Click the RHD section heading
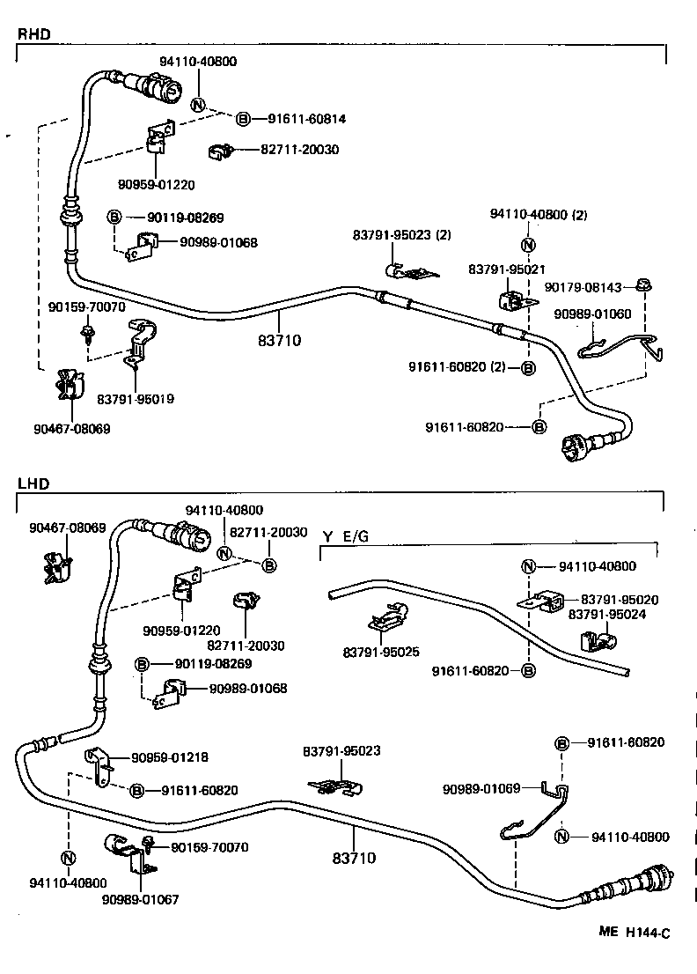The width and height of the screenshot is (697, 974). coord(33,34)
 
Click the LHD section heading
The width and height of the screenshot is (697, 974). coord(33,483)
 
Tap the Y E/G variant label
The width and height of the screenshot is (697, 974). coord(346,536)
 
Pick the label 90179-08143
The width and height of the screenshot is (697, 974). coord(583,287)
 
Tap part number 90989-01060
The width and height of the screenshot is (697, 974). coord(592,314)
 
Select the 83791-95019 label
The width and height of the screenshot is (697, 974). coord(136,399)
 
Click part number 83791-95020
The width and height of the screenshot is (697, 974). coord(620,600)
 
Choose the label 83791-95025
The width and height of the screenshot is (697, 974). coord(381,653)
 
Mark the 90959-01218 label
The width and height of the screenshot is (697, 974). coord(170,757)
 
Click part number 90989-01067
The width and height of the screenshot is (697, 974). coord(140,899)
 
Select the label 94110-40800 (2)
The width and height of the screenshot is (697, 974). coord(532,214)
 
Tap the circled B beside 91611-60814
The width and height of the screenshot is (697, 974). coord(243,117)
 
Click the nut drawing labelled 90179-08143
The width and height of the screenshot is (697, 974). coord(645,287)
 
